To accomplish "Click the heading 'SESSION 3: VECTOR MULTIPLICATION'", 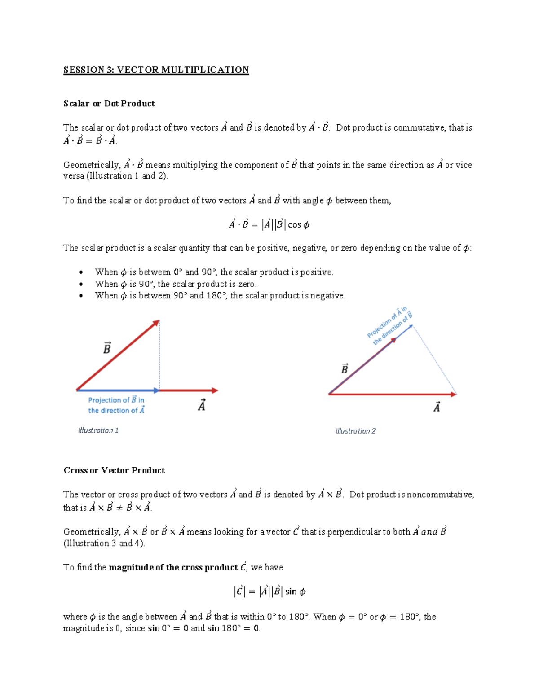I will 156,70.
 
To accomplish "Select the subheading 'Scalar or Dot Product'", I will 109,104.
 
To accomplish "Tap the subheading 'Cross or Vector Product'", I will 114,470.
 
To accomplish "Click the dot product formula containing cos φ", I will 269,224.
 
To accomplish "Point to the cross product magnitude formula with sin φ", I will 269,592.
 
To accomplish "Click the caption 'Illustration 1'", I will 98,430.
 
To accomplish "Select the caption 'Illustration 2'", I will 355,431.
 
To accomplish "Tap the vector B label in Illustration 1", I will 107,348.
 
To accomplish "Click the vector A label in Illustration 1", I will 202,405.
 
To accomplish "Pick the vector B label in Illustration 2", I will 345,369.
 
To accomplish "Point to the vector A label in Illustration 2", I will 437,407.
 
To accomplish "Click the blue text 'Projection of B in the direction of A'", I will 116,405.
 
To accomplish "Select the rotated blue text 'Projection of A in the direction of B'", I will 389,326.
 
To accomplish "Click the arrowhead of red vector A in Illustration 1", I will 215,390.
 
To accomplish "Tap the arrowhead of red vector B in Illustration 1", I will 156,323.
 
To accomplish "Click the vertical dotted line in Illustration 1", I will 159,355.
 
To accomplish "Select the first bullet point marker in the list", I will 81,272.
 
